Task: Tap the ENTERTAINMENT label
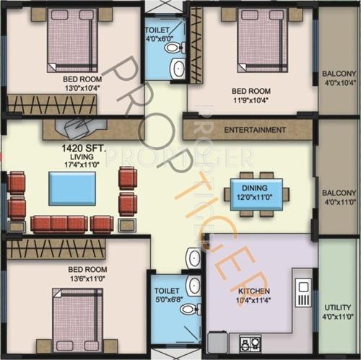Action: click(x=254, y=131)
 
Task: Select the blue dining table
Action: click(x=256, y=195)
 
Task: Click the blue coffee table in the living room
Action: click(x=71, y=188)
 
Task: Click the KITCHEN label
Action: click(x=253, y=291)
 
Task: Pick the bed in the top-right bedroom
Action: click(x=263, y=39)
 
